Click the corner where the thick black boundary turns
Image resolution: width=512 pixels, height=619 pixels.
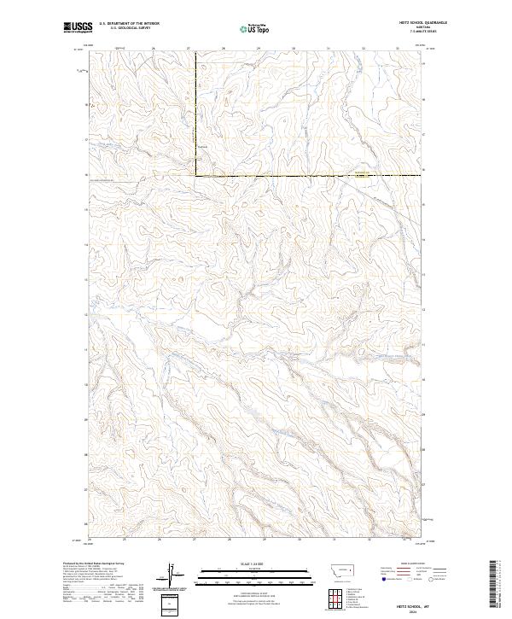[195, 175]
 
